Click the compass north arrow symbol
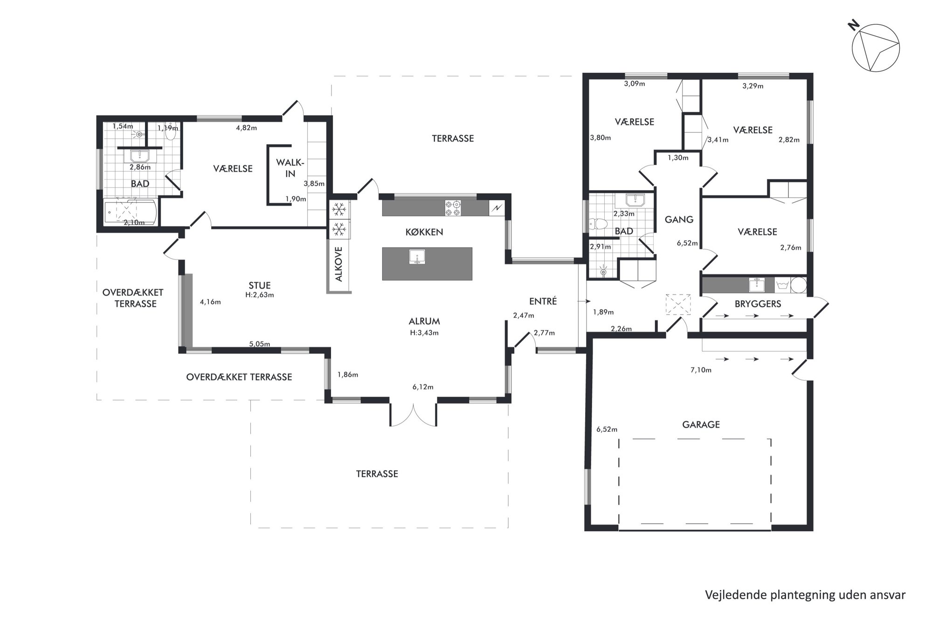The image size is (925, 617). click(x=875, y=48)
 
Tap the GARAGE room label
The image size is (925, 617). click(x=701, y=424)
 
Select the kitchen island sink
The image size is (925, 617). click(x=417, y=257)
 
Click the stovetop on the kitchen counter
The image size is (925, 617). click(x=453, y=208)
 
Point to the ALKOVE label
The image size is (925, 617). click(x=339, y=264)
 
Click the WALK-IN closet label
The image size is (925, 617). click(x=290, y=168)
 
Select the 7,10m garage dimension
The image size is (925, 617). click(x=701, y=370)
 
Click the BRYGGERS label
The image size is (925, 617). click(x=758, y=304)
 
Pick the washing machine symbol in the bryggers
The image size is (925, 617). click(x=783, y=285)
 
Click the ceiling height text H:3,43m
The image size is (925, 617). click(x=424, y=333)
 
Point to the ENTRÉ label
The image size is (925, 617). click(x=543, y=301)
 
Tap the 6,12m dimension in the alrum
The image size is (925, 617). click(x=423, y=387)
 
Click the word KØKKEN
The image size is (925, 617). click(x=424, y=232)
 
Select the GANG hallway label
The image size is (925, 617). click(x=679, y=219)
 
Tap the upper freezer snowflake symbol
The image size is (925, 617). click(x=339, y=209)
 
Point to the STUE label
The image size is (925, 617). click(x=260, y=285)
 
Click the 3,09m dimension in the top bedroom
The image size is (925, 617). click(x=635, y=84)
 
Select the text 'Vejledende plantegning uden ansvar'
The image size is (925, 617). click(x=805, y=595)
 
